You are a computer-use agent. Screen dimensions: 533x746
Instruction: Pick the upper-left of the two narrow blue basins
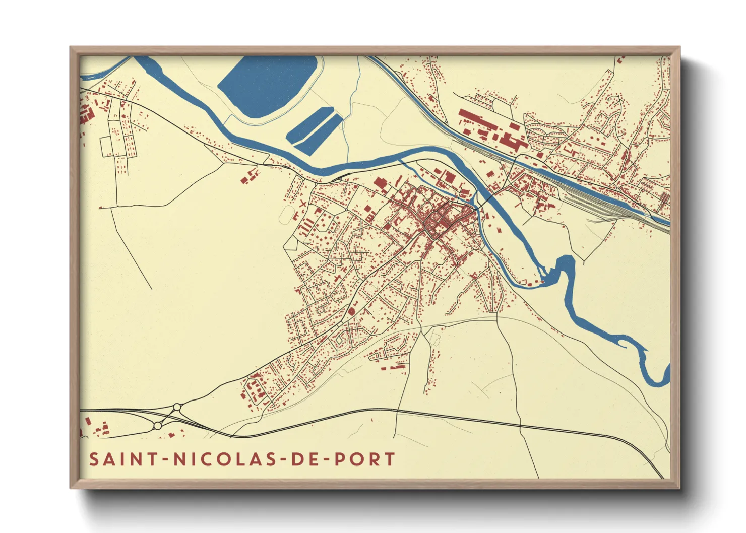[x=308, y=124]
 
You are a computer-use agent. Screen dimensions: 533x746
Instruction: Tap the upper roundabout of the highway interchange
[x=177, y=407]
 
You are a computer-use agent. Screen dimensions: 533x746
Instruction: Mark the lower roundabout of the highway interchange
[x=157, y=426]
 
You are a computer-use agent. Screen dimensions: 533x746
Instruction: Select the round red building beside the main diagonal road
[x=351, y=311]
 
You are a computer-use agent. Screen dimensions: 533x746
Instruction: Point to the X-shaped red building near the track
[x=302, y=204]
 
